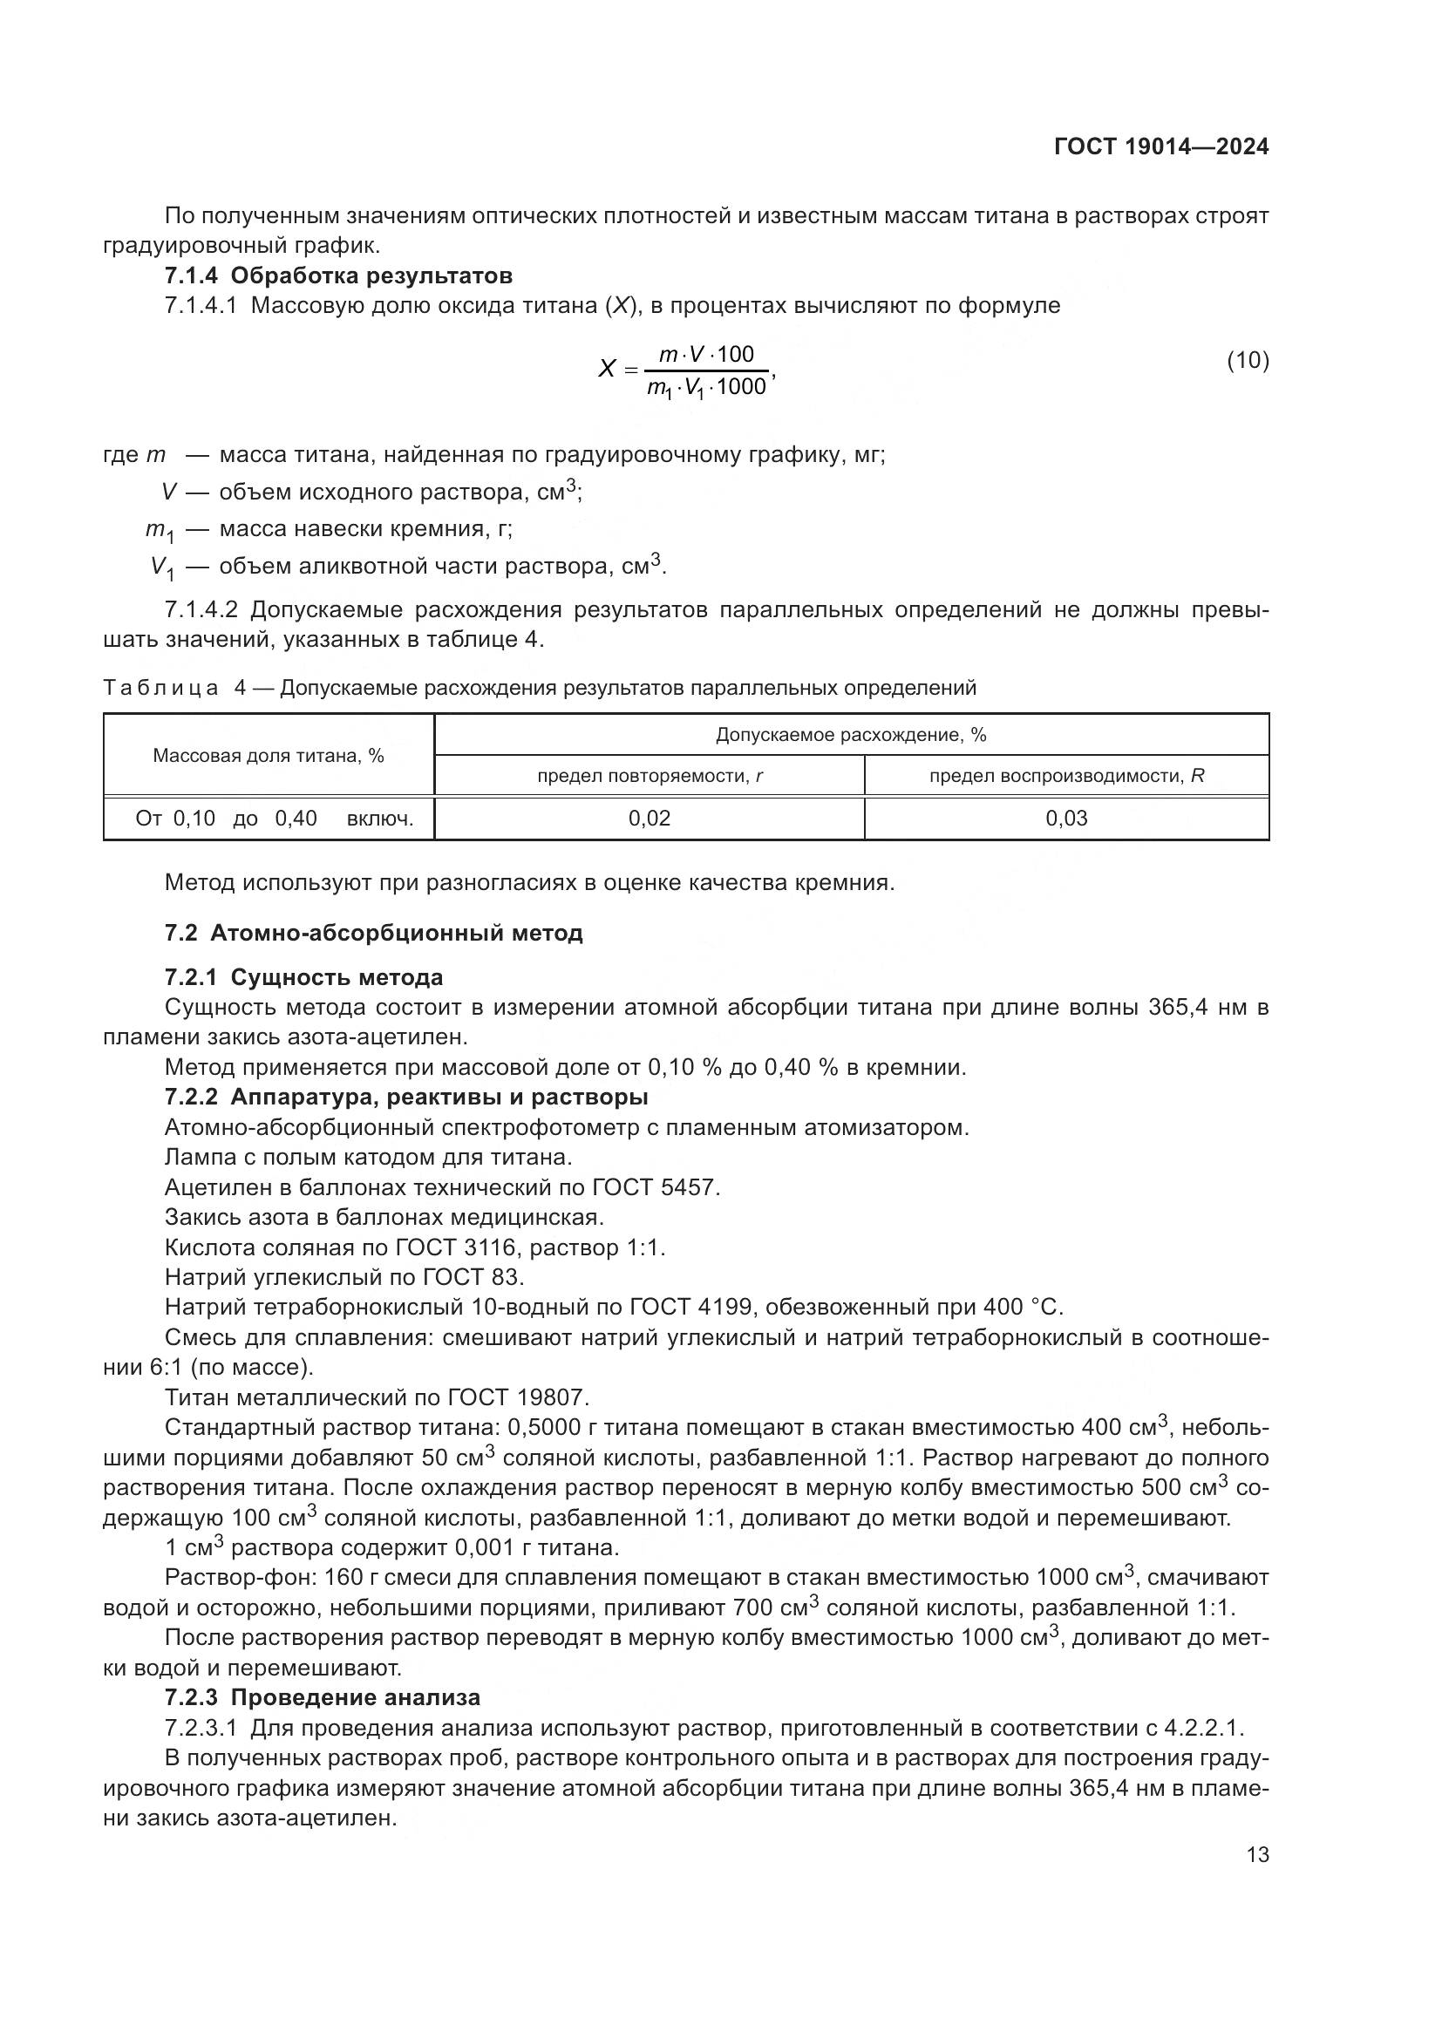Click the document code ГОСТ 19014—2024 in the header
click(1160, 147)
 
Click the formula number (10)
click(1248, 360)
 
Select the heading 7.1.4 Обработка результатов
click(338, 275)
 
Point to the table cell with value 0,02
click(650, 819)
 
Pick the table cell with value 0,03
click(1066, 819)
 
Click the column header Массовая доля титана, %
click(269, 756)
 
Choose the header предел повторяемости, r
click(650, 776)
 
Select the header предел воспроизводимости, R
click(1066, 776)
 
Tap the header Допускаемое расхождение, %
click(851, 736)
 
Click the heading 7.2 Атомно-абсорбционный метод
click(374, 934)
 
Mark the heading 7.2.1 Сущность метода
click(303, 978)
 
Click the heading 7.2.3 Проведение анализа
click(323, 1697)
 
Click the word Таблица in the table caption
click(160, 689)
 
